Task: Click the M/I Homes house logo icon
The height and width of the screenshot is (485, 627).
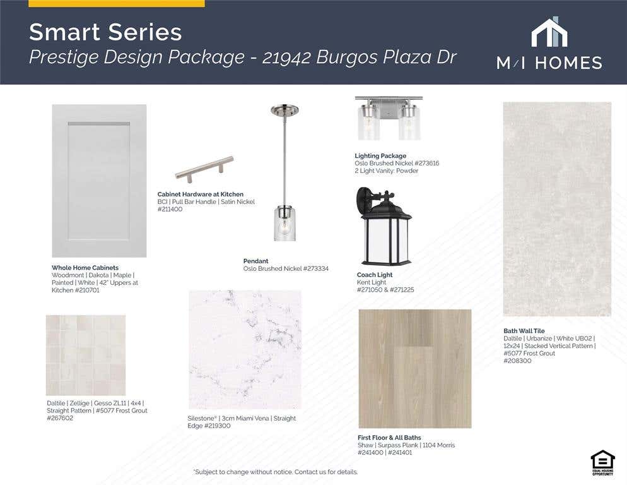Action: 549,32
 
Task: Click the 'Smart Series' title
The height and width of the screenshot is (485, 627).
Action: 105,32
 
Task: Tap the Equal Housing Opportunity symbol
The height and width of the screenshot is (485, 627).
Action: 602,463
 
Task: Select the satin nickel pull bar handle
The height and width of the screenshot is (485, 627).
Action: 204,169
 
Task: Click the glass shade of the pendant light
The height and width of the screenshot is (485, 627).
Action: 284,224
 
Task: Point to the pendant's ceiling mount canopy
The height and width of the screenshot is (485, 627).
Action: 284,110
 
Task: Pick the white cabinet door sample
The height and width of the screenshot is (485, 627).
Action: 99,181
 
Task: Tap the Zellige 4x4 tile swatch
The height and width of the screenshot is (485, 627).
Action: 86,356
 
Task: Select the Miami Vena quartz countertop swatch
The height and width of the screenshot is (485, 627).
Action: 245,350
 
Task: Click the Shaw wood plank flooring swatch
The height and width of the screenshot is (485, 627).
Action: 414,368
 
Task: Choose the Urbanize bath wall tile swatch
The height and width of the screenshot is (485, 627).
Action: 557,209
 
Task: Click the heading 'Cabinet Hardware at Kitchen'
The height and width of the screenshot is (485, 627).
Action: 201,195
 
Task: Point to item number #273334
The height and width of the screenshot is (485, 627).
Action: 315,269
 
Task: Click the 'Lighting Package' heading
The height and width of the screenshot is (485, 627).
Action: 380,156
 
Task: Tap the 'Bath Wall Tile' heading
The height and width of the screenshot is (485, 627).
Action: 524,331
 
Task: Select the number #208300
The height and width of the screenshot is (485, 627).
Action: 517,361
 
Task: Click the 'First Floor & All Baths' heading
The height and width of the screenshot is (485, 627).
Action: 389,438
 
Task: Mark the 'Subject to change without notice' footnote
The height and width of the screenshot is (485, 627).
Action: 276,472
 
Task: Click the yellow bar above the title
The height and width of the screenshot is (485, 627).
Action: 116,4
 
